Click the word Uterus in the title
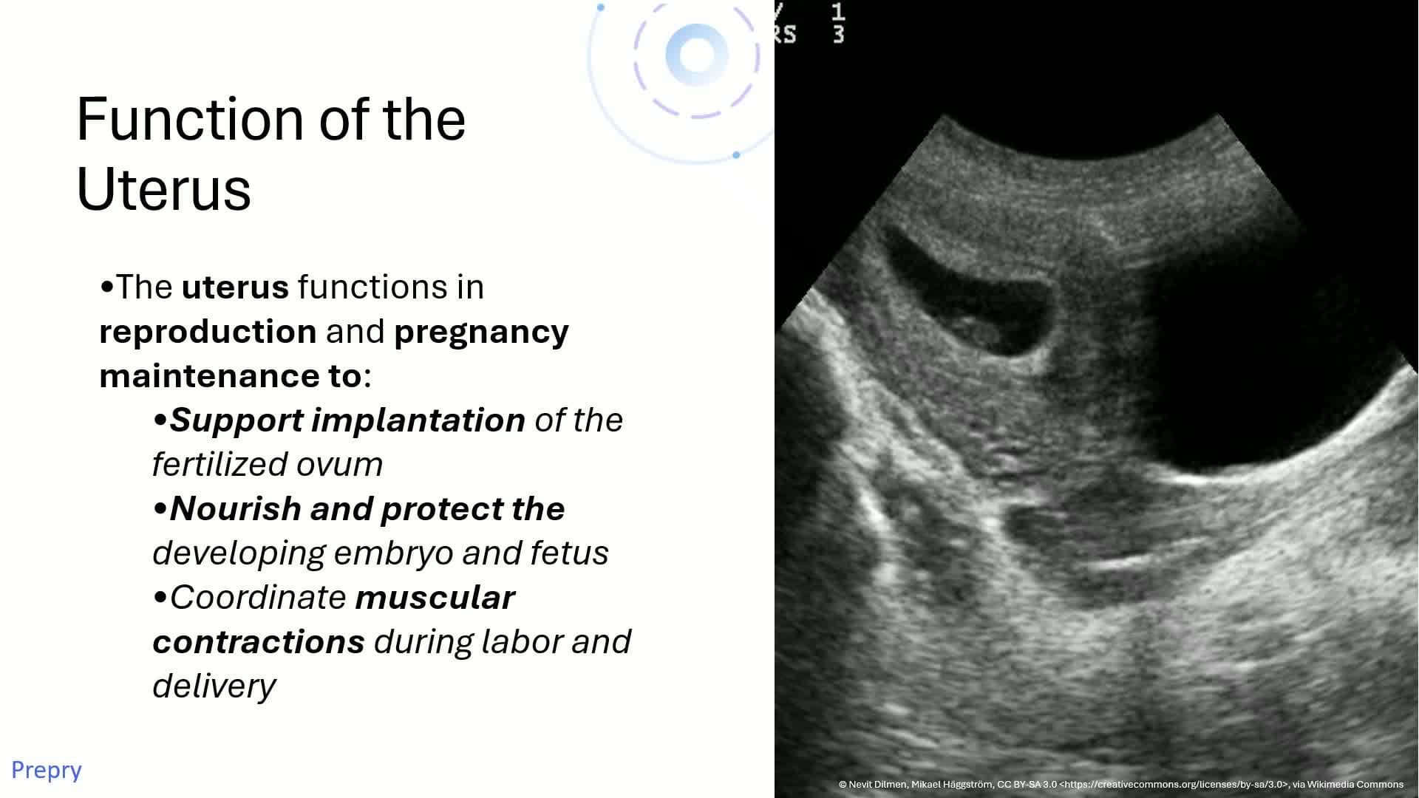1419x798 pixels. [163, 189]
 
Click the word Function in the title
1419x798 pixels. [189, 120]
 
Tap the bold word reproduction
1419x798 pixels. [208, 332]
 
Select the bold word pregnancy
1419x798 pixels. [481, 332]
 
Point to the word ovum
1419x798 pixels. [339, 465]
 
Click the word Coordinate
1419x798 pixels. [258, 598]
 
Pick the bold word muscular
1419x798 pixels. [435, 598]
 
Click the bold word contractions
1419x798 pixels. [259, 642]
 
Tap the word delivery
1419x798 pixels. [214, 686]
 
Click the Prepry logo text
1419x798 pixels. [46, 770]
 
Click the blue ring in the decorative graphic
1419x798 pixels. [696, 55]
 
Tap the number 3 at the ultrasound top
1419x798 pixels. [838, 34]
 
